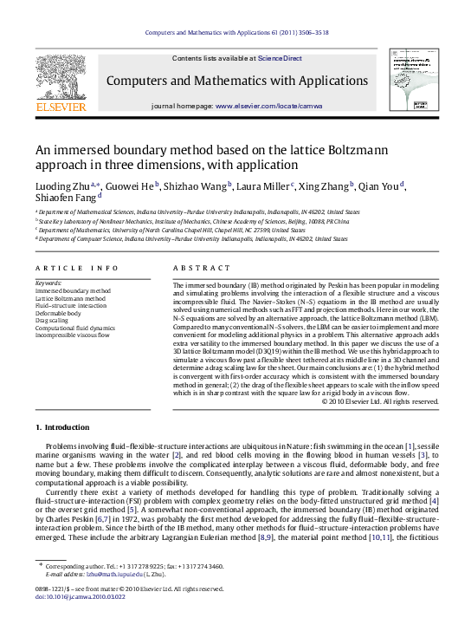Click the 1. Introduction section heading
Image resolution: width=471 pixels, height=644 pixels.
[62, 427]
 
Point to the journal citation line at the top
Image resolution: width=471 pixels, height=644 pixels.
[235, 33]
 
